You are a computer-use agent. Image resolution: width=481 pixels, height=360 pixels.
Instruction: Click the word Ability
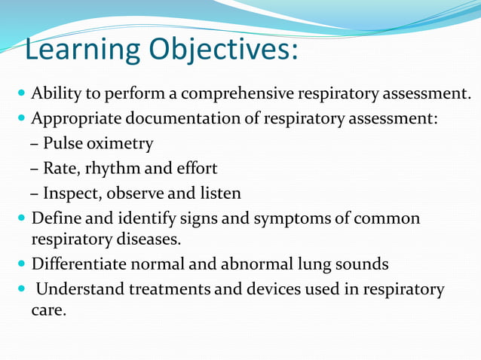[54, 94]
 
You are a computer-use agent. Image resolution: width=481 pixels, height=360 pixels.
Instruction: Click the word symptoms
[291, 218]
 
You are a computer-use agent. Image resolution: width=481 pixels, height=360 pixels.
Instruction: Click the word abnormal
[260, 264]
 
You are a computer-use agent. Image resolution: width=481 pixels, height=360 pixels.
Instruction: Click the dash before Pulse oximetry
[35, 143]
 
